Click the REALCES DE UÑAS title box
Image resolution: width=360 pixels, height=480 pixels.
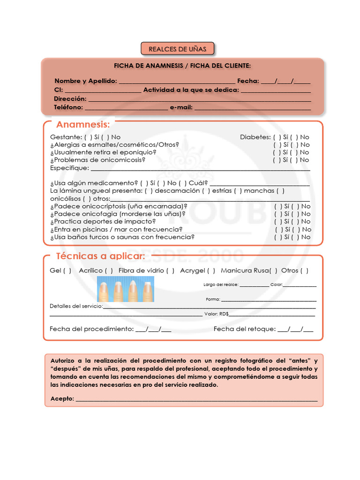point(177,49)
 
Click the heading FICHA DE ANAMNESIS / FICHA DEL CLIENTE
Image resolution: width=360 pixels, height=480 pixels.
point(182,66)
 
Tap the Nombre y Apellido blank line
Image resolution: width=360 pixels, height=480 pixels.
point(177,81)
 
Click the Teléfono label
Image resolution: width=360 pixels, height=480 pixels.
point(68,107)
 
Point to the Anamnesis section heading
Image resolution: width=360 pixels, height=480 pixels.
point(83,124)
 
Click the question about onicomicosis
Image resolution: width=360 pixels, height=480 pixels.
point(97,160)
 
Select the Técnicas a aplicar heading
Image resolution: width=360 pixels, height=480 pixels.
point(100,256)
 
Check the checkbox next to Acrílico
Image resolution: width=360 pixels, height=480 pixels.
point(109,270)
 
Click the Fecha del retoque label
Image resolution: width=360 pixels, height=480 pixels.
point(244,329)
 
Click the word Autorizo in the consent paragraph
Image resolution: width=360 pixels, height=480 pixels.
point(62,360)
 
